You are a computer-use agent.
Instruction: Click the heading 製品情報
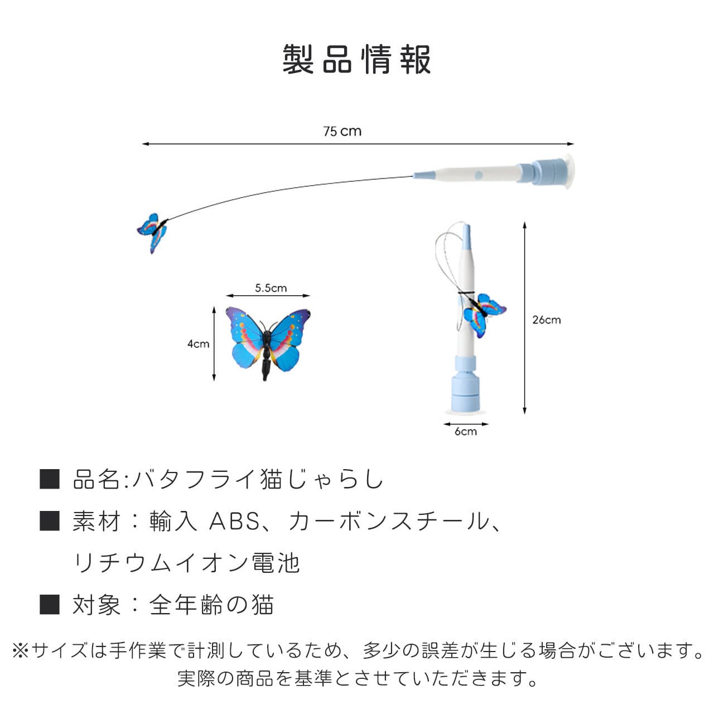356,59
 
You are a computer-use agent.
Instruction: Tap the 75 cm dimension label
342,132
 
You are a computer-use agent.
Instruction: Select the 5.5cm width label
271,288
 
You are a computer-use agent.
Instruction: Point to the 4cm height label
198,344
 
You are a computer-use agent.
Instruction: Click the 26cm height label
546,320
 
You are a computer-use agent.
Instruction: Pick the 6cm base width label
465,432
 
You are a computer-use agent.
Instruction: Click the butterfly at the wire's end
152,231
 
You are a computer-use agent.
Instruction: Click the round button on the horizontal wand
478,175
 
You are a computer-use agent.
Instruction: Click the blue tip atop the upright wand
466,237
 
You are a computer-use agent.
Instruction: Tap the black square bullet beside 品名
50,479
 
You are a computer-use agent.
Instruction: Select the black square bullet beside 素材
50,521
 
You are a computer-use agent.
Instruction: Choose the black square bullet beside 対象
50,605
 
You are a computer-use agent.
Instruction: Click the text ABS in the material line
234,522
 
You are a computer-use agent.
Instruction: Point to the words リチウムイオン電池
187,563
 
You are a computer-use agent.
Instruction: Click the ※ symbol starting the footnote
20,650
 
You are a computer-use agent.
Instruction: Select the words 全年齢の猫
211,605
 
